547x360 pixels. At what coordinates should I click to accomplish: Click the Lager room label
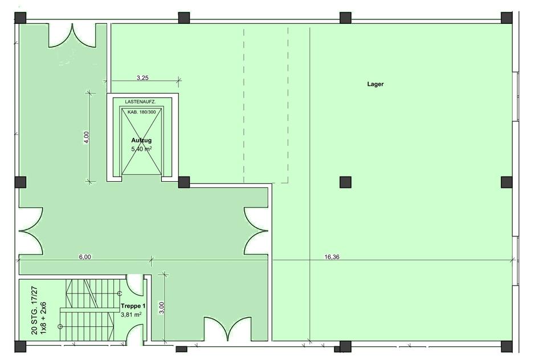375,84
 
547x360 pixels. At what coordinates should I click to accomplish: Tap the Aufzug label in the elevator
141,140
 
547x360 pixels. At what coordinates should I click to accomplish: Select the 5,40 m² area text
141,149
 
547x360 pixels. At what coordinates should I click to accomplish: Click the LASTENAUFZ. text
140,102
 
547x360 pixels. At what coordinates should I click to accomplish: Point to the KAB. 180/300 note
142,112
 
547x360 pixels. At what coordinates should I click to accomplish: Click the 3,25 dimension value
142,78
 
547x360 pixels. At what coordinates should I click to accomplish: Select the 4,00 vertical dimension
87,137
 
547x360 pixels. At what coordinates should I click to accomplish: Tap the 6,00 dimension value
85,257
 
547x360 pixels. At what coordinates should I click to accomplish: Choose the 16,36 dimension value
332,257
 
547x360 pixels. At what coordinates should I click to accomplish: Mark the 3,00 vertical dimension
161,308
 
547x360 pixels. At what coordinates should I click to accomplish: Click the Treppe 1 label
133,306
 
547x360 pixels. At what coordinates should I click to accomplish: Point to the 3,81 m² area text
131,314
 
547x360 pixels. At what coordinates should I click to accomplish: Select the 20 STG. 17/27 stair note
34,311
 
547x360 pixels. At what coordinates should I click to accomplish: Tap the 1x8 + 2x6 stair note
43,318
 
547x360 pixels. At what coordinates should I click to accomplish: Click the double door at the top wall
72,35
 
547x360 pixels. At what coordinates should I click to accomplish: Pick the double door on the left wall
31,231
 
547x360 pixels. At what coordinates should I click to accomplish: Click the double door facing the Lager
256,231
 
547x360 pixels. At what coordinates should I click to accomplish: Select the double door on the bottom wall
227,329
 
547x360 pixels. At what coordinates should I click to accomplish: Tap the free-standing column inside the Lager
345,182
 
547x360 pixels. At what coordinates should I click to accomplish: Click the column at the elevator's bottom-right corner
184,182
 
